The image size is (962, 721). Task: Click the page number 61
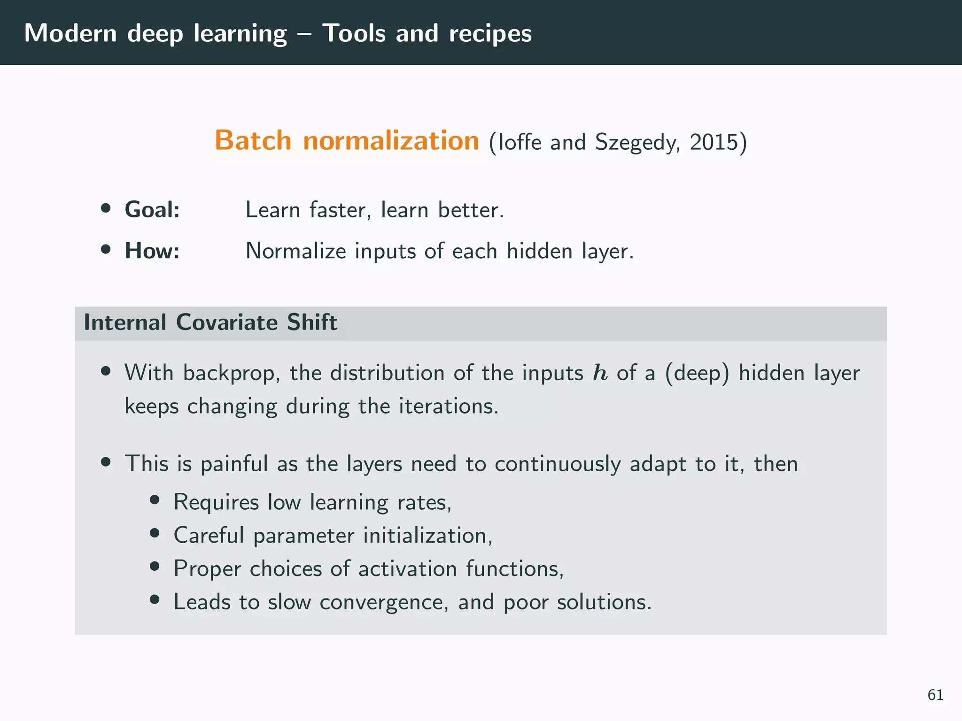[x=935, y=695]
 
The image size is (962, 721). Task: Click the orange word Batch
[x=253, y=140]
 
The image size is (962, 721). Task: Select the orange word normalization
[x=391, y=140]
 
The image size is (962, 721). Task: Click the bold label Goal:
[x=152, y=209]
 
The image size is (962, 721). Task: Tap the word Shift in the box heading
[x=312, y=322]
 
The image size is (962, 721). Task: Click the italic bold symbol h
[x=600, y=373]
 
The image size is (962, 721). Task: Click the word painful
[x=234, y=464]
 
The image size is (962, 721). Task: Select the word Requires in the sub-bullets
[x=216, y=502]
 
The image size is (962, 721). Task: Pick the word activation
[x=408, y=569]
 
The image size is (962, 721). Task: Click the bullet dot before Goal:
[x=106, y=208]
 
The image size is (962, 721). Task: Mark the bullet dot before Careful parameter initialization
[x=155, y=534]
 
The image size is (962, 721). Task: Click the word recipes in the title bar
[x=490, y=34]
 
